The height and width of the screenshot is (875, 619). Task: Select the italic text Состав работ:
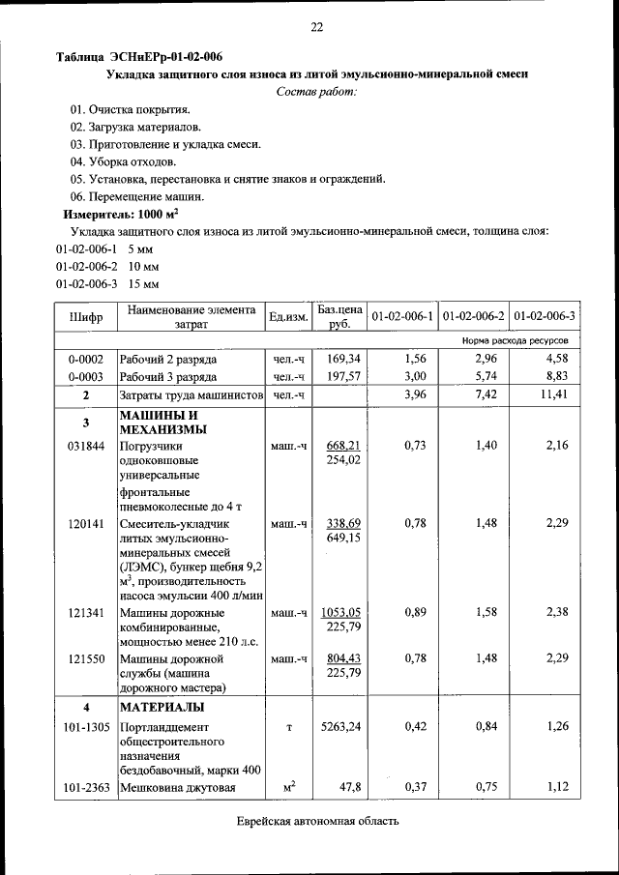pos(315,92)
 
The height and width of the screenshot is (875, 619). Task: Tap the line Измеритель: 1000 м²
pos(121,214)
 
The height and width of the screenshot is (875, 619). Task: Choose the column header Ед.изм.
pos(288,316)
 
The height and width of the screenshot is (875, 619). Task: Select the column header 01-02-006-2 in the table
pos(474,316)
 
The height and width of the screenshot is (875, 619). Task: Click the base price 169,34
pos(343,359)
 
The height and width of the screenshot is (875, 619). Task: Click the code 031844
pos(86,446)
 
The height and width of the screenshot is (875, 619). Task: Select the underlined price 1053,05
pos(343,612)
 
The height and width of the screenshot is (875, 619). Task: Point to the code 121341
pos(86,613)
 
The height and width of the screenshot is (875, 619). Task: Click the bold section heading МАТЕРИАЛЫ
pos(161,707)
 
